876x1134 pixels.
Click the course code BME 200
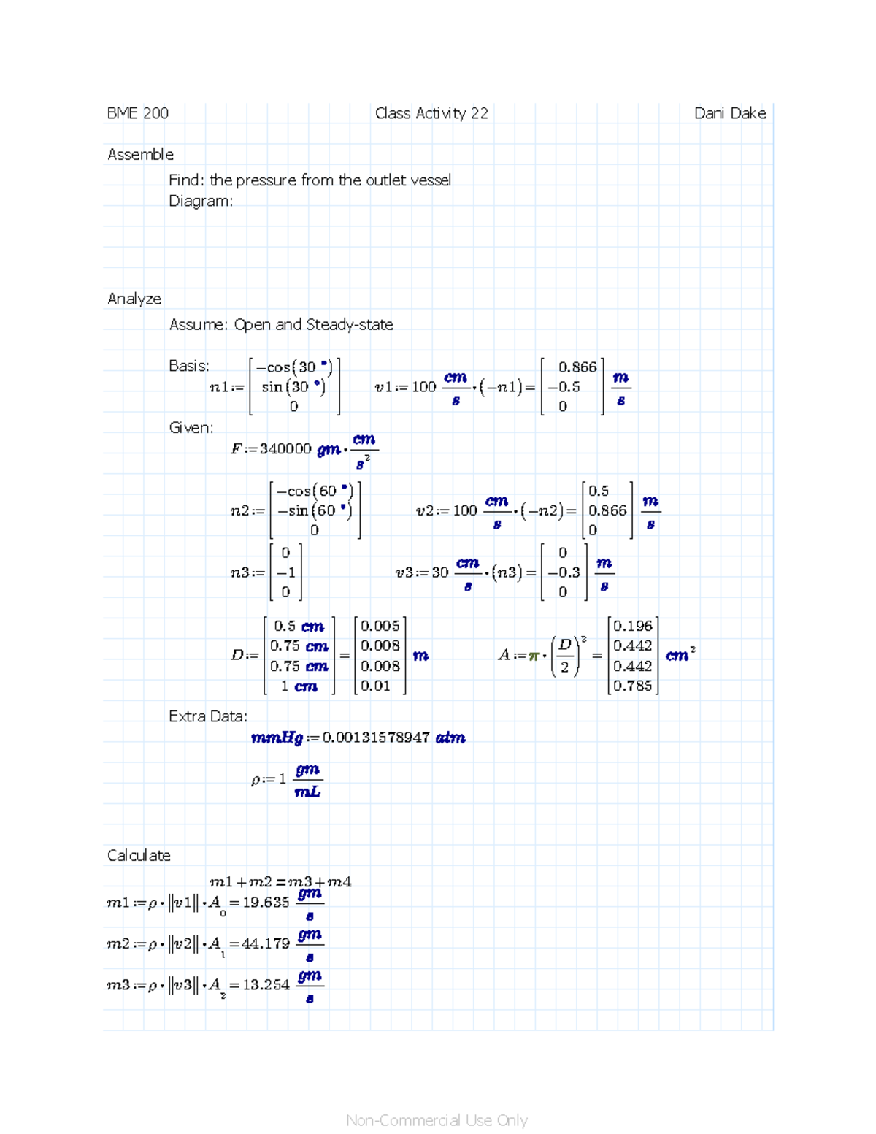pyautogui.click(x=137, y=113)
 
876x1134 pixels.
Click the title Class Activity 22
pyautogui.click(x=431, y=113)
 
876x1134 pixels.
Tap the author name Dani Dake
pyautogui.click(x=730, y=113)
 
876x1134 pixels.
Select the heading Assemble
pyautogui.click(x=140, y=154)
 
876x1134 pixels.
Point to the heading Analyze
pyautogui.click(x=134, y=299)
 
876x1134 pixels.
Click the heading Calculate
pyautogui.click(x=139, y=855)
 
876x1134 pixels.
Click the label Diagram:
pyautogui.click(x=201, y=201)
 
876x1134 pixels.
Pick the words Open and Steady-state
pyautogui.click(x=313, y=324)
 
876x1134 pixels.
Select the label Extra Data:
pyautogui.click(x=208, y=716)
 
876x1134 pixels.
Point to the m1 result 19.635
pyautogui.click(x=266, y=903)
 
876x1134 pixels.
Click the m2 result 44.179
pyautogui.click(x=266, y=943)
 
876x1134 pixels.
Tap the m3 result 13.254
pyautogui.click(x=266, y=985)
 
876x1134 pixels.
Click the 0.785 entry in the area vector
pyautogui.click(x=633, y=686)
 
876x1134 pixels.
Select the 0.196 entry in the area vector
pyautogui.click(x=633, y=626)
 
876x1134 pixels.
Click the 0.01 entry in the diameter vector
pyautogui.click(x=375, y=686)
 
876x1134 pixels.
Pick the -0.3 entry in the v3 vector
pyautogui.click(x=564, y=572)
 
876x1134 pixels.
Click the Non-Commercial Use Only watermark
pyautogui.click(x=437, y=1120)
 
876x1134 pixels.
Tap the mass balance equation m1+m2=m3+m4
pyautogui.click(x=280, y=882)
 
